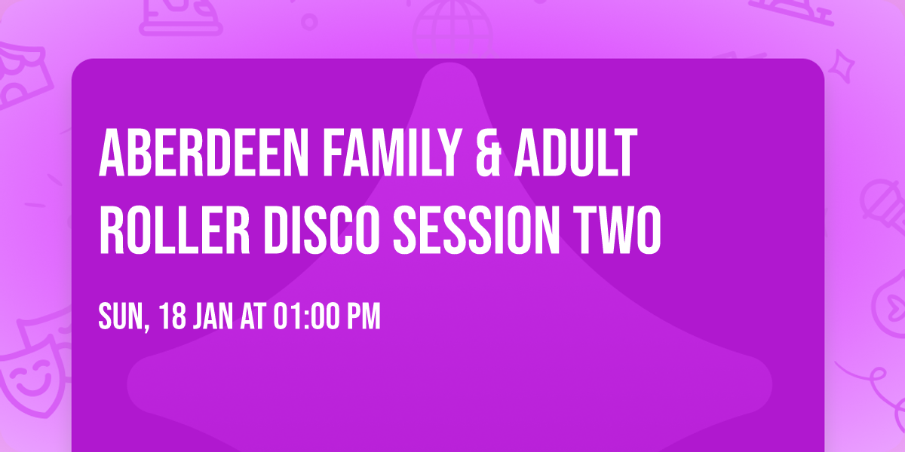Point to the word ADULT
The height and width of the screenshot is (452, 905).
click(578, 154)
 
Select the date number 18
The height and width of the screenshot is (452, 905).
click(170, 317)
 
